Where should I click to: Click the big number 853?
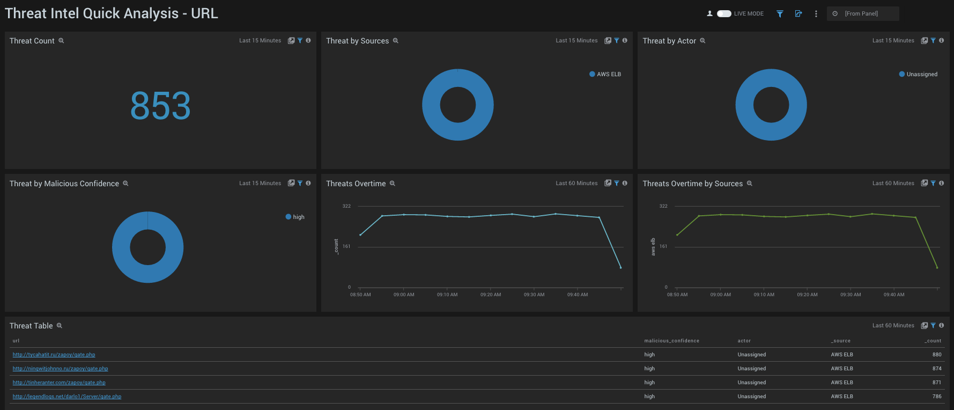click(x=160, y=106)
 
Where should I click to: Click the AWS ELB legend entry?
click(x=605, y=75)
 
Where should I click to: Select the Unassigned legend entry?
click(x=918, y=75)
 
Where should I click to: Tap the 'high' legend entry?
click(x=295, y=217)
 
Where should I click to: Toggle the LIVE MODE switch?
click(x=724, y=14)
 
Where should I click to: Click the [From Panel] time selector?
click(x=862, y=14)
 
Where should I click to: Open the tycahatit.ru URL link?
click(x=54, y=355)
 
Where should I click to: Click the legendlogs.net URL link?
click(x=66, y=397)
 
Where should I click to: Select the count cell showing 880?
click(x=936, y=355)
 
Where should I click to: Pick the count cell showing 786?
click(x=936, y=397)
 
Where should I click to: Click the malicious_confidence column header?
click(x=671, y=341)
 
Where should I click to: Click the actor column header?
click(x=744, y=341)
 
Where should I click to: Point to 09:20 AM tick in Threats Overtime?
click(x=490, y=294)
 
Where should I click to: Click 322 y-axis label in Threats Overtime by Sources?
click(x=663, y=206)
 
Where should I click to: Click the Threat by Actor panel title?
click(x=669, y=41)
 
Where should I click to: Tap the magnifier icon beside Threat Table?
click(x=60, y=326)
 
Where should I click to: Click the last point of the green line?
click(x=937, y=268)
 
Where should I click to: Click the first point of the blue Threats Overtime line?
click(x=360, y=235)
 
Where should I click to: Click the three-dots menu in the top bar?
click(x=816, y=14)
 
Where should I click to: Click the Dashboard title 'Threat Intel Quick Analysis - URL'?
click(x=111, y=13)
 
